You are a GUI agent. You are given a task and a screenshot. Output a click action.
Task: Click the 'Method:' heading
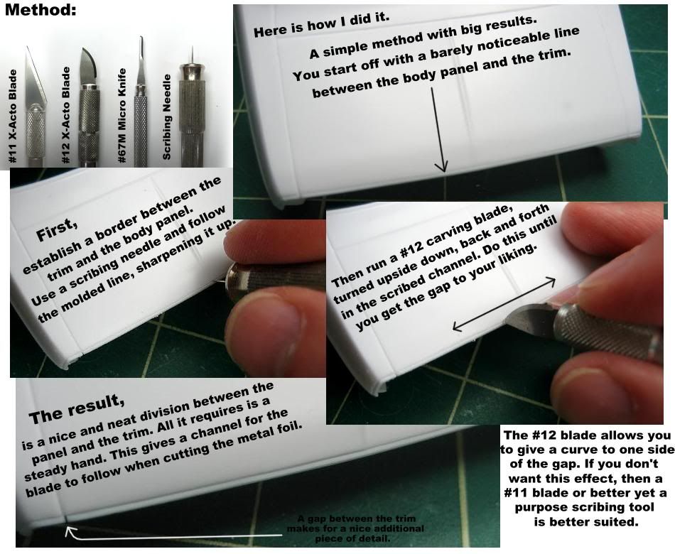[40, 10]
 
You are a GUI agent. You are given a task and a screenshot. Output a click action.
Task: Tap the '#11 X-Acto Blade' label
[13, 116]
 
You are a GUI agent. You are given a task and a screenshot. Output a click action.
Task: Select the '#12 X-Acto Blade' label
[65, 115]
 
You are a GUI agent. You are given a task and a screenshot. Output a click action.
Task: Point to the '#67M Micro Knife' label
[121, 116]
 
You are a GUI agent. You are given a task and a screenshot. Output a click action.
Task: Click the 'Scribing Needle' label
[166, 117]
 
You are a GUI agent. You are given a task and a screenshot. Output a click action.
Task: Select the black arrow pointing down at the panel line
[438, 129]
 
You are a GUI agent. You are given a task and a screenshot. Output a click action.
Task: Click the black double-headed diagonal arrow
[504, 304]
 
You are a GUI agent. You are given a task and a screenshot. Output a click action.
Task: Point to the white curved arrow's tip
[66, 529]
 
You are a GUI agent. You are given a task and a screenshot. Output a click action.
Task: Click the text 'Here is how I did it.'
[322, 24]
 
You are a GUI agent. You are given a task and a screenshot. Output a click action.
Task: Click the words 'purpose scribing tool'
[585, 507]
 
